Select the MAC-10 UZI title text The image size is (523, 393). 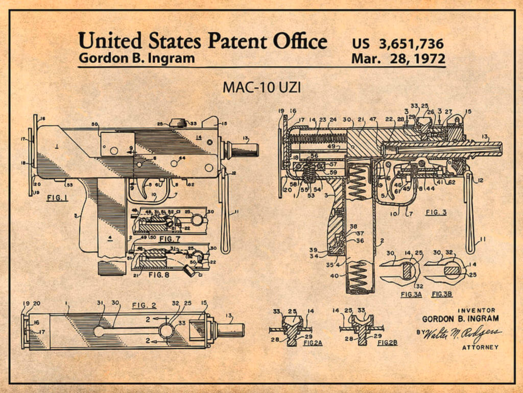pyautogui.click(x=261, y=87)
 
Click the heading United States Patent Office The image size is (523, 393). pyautogui.click(x=202, y=40)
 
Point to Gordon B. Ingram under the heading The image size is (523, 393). pyautogui.click(x=136, y=58)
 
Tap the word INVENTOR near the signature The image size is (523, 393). pyautogui.click(x=477, y=310)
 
